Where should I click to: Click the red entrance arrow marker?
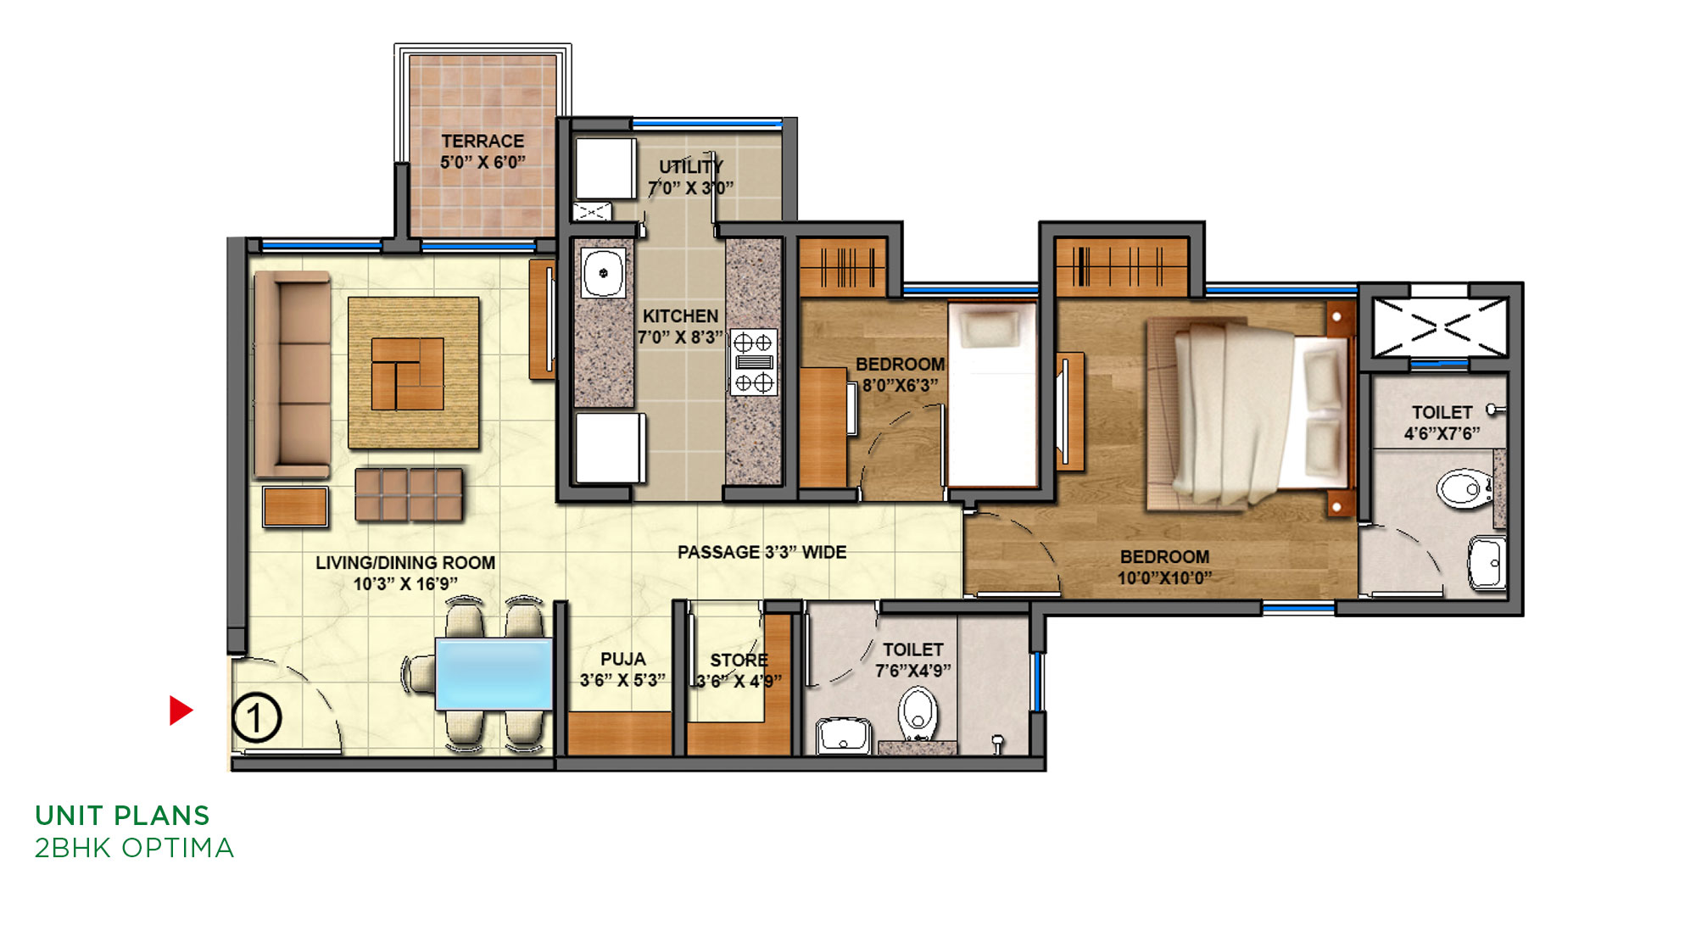pos(181,711)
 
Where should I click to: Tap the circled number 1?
pos(256,718)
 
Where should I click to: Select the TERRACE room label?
pos(483,141)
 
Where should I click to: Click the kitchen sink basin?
pos(604,273)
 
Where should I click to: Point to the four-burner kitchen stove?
pos(753,363)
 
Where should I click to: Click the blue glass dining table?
pos(494,674)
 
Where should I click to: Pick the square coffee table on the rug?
pos(408,374)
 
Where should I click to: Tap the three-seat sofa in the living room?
pos(293,375)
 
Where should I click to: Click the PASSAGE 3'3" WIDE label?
pos(762,552)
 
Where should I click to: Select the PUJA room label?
pos(623,659)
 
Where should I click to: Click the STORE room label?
pos(739,660)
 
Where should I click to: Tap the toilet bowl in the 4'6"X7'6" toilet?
pos(1465,488)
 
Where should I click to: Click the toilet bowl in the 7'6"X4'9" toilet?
pos(918,713)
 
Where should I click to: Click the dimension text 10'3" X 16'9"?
pos(405,584)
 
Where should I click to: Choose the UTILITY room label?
pos(691,166)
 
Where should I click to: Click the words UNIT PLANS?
pos(122,816)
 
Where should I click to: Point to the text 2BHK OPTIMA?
pos(134,848)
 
